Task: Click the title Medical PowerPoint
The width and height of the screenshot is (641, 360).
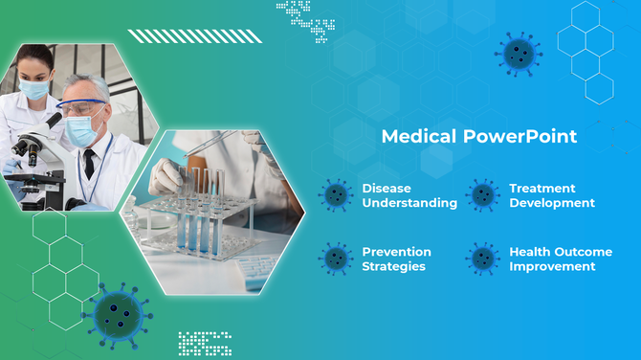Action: (x=478, y=136)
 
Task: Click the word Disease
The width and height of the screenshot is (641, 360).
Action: (x=385, y=189)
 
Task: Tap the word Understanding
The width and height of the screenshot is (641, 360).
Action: (x=409, y=203)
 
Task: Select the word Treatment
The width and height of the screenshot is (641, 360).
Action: (x=542, y=189)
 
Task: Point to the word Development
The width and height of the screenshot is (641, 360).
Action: (x=551, y=203)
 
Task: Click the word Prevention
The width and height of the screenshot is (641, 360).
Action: (x=396, y=252)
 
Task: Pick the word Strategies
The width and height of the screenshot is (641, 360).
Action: (x=393, y=266)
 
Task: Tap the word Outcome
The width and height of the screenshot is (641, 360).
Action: (x=581, y=252)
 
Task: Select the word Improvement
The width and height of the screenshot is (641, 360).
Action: (x=553, y=266)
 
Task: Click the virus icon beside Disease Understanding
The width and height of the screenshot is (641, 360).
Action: (x=336, y=194)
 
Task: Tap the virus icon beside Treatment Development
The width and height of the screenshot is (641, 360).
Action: (x=484, y=194)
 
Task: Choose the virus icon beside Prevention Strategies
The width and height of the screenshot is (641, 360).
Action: (x=336, y=258)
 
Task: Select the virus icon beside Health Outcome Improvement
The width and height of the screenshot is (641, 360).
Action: (x=484, y=258)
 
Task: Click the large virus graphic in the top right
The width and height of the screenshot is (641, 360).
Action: (x=519, y=54)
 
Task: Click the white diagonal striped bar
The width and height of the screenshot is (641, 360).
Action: (x=195, y=36)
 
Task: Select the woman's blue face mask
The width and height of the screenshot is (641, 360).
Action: (x=35, y=89)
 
